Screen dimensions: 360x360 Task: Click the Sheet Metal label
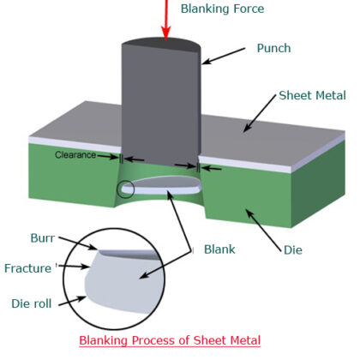click(x=311, y=95)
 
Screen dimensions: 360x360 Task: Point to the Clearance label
click(x=81, y=155)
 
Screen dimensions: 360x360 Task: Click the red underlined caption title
click(x=170, y=340)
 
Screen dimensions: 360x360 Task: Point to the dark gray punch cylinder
click(x=159, y=103)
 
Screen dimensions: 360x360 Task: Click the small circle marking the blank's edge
click(x=127, y=187)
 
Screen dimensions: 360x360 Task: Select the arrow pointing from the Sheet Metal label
click(x=262, y=113)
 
